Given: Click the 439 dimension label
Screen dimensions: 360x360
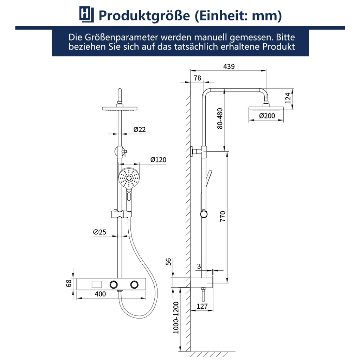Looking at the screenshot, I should [229, 66].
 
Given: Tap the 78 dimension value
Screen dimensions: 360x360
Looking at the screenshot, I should [198, 78].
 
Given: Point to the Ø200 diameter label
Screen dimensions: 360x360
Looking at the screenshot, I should [267, 116].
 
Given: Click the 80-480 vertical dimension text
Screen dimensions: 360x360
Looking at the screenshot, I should [220, 118].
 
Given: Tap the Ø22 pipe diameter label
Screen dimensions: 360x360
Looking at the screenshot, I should [140, 129].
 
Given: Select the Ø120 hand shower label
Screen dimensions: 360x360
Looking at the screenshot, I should [158, 160].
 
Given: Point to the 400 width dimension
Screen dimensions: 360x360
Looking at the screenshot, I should [100, 294].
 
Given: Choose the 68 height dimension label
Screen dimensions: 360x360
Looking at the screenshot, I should [69, 284].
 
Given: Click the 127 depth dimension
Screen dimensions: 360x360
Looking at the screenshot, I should [202, 306].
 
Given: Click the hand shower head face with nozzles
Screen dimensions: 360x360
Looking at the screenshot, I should [128, 178].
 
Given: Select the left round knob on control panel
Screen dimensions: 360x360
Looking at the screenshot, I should [114, 284].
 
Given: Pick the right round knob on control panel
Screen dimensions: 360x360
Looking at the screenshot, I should [134, 284].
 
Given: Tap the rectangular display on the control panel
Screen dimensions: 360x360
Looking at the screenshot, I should [96, 284].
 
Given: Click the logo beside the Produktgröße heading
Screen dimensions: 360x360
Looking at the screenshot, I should [86, 15].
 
